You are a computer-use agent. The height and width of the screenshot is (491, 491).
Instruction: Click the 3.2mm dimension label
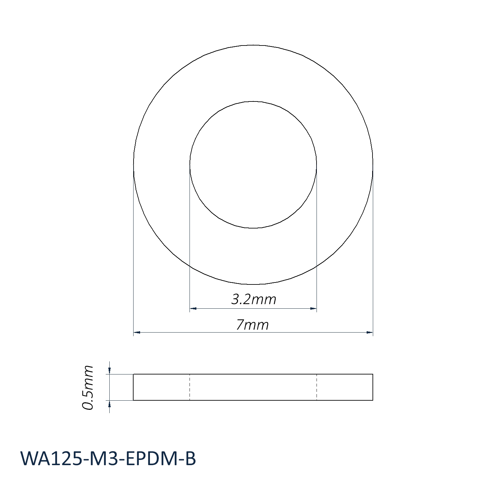[x=254, y=299]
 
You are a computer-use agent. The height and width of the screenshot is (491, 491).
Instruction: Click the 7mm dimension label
[x=252, y=325]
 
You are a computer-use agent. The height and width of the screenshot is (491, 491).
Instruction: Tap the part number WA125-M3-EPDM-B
[x=108, y=459]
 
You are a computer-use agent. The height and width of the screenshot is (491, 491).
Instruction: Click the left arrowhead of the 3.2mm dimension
[x=193, y=308]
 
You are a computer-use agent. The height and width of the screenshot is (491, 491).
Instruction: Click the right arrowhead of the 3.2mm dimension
[x=313, y=308]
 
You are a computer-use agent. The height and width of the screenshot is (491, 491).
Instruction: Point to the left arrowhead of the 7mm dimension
[x=137, y=333]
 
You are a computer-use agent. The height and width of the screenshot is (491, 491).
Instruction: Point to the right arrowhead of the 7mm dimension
[x=370, y=333]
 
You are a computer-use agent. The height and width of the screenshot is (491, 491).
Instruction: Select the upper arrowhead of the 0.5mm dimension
[x=110, y=371]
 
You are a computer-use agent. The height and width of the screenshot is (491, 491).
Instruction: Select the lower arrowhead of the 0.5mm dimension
[x=110, y=404]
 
